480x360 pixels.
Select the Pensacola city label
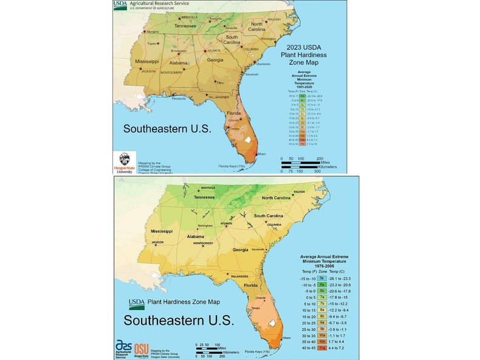pyautogui.click(x=179, y=98)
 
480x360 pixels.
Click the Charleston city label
pyautogui.click(x=263, y=64)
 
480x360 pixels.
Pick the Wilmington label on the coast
pyautogui.click(x=268, y=39)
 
